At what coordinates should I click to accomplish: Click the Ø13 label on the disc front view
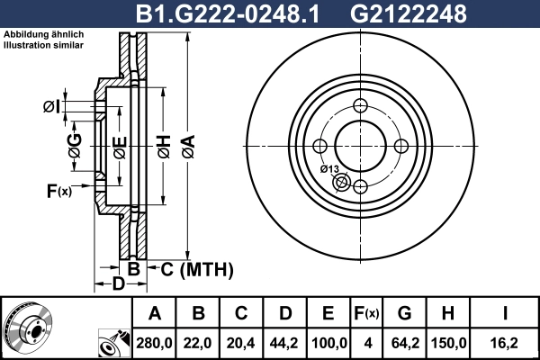click(x=329, y=169)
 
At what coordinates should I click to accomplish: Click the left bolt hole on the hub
click(x=319, y=146)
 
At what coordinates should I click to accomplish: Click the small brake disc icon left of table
click(x=29, y=327)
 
